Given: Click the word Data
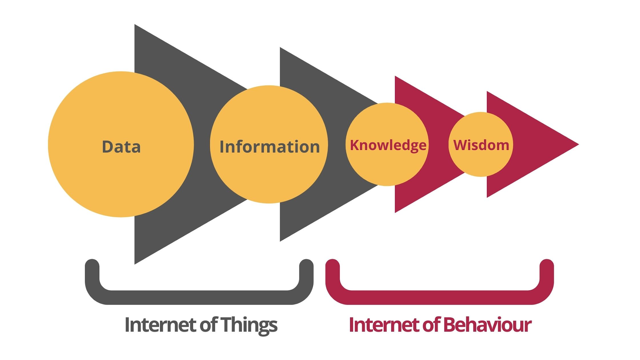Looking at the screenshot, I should point(121,147).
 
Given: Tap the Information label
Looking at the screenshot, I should point(270,147).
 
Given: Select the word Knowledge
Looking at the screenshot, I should point(388,145).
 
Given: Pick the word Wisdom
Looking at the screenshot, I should point(481,145).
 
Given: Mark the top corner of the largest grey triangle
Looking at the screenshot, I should point(135,26).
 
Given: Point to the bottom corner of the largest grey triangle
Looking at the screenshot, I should point(135,263).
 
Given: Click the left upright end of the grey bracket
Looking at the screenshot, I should point(92,266).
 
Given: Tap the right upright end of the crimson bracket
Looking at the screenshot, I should point(547,266).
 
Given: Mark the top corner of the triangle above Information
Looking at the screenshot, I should point(281,49).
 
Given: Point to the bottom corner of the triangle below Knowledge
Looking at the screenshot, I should point(396,212).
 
